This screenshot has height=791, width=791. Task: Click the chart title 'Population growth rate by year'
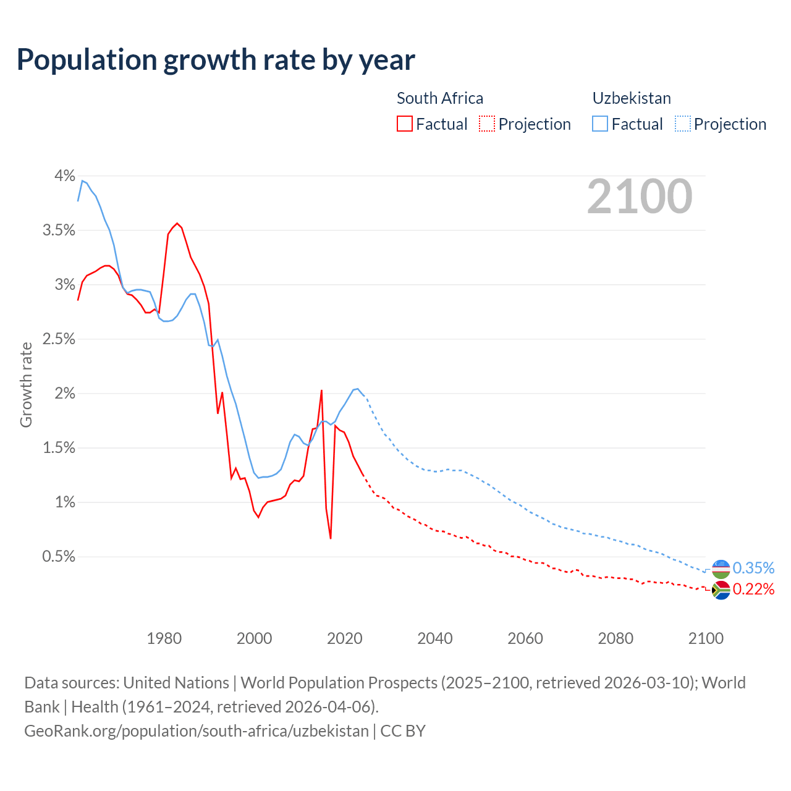216,59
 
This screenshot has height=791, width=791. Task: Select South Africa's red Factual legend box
404,124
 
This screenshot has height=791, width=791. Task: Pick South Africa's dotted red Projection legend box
487,124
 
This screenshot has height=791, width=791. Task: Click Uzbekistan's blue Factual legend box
600,124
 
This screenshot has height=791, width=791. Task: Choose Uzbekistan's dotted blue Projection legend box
682,124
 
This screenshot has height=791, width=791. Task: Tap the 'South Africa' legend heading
439,98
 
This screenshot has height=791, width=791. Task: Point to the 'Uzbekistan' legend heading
632,98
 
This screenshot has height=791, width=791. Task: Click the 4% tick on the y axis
64,176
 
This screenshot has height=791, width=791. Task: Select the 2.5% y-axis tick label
59,339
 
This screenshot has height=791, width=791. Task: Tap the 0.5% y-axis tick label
59,557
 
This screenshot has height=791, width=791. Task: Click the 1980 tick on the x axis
164,638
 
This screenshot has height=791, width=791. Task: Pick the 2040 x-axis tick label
435,638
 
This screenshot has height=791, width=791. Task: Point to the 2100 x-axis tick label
706,638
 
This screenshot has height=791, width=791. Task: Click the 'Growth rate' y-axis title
26,384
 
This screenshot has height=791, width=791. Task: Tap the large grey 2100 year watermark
640,197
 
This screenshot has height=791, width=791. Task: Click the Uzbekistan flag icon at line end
721,569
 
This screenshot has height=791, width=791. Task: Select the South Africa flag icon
721,590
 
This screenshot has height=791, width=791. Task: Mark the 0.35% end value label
753,568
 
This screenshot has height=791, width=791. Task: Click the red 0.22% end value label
753,590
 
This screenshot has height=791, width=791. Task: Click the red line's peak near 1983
177,223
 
